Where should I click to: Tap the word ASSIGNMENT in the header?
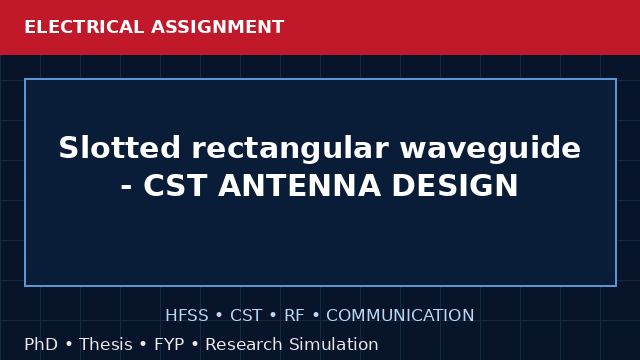click(217, 27)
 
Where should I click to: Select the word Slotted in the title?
click(120, 147)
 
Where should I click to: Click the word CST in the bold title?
click(175, 185)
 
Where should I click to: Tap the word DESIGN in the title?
click(455, 185)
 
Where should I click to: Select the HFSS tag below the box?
click(187, 316)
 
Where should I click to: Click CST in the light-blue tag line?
click(246, 316)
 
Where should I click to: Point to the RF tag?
click(294, 316)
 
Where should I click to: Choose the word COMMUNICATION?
click(400, 316)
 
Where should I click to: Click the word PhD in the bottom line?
click(41, 344)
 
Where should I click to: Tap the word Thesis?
click(106, 344)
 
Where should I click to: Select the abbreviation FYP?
click(169, 344)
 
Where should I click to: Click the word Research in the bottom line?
click(244, 344)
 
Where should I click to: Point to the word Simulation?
click(334, 344)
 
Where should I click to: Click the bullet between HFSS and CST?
click(219, 316)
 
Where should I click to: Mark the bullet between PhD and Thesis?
click(69, 344)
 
